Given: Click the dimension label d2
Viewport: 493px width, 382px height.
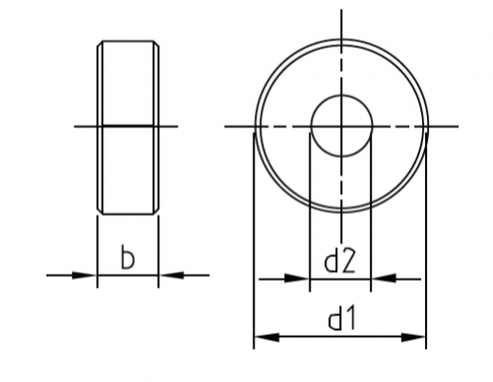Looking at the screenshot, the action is (x=340, y=261).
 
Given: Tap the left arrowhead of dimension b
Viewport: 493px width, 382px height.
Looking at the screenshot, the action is (x=84, y=275).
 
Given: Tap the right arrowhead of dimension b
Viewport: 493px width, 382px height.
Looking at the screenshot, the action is (x=172, y=275).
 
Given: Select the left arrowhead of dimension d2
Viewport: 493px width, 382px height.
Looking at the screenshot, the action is (x=297, y=279).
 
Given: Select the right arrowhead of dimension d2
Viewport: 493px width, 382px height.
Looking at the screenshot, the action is (x=384, y=279).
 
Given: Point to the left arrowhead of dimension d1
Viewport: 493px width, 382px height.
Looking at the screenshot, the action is (x=266, y=337).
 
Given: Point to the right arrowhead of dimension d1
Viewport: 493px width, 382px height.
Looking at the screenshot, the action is (x=413, y=337).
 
